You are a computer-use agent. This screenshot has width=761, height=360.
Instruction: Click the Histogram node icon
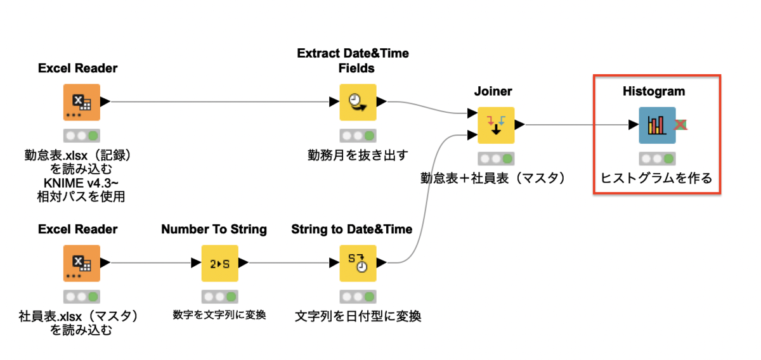tap(657, 125)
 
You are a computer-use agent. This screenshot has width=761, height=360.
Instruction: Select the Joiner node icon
tap(495, 125)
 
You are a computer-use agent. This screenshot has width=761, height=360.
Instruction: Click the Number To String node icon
tap(219, 262)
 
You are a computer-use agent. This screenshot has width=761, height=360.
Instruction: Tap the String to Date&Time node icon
tap(358, 262)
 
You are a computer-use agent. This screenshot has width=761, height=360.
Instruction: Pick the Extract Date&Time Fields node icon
tap(358, 102)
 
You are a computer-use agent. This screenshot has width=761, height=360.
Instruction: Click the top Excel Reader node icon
tap(81, 102)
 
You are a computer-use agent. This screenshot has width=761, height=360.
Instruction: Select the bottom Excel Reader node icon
tap(81, 262)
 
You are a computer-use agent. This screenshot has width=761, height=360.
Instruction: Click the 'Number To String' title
tap(214, 229)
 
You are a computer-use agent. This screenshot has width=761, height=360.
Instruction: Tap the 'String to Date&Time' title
tap(352, 229)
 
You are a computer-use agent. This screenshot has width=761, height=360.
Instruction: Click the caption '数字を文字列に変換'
tap(219, 314)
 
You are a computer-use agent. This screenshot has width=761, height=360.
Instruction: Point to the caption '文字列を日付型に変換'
tap(358, 315)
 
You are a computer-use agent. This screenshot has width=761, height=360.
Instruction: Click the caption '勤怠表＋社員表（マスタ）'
tap(495, 178)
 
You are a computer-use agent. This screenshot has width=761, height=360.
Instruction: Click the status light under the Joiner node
tap(496, 158)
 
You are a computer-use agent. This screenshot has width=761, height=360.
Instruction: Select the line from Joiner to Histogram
tap(577, 125)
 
